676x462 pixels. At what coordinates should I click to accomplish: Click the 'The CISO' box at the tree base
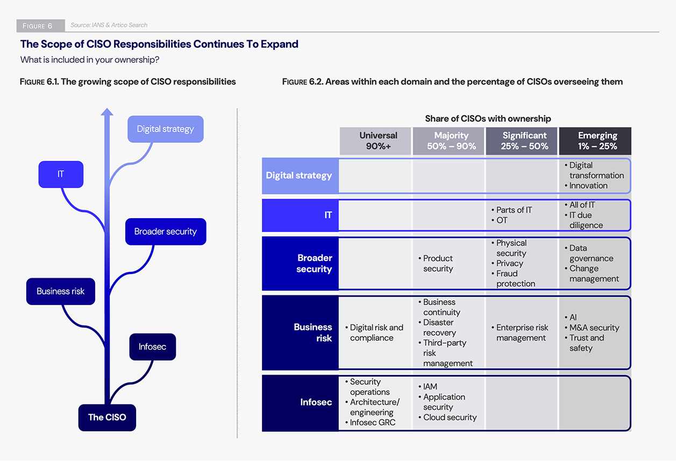click(x=107, y=417)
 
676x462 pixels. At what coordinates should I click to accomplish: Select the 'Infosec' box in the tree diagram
click(x=152, y=346)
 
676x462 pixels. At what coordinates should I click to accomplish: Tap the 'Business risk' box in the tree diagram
click(x=61, y=291)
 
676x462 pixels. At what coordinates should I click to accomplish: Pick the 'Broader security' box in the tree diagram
click(x=166, y=232)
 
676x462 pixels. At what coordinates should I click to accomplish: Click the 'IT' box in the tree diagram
click(x=61, y=174)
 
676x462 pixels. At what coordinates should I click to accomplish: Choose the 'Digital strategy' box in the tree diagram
click(x=166, y=129)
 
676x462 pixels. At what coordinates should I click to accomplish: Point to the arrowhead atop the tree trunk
click(x=108, y=112)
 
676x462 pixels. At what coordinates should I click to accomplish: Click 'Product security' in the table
click(x=438, y=264)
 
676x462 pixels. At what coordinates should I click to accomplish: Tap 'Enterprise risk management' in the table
click(x=521, y=333)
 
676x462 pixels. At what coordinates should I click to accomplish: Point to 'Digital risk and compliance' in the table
click(x=375, y=333)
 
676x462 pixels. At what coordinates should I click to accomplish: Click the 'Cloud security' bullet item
click(x=450, y=417)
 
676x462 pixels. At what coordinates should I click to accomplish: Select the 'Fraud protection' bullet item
click(x=515, y=278)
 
